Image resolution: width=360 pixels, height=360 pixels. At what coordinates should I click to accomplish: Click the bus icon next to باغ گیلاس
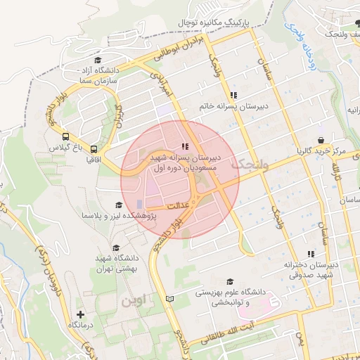pos(66,137)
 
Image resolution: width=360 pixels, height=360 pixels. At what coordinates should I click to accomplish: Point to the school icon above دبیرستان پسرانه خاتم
pos(233,94)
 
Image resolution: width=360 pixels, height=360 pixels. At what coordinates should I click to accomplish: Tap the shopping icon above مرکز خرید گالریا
pos(321,140)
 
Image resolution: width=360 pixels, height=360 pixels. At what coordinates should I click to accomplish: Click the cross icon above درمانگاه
pos(81,314)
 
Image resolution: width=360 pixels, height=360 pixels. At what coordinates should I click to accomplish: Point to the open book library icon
pos(169,299)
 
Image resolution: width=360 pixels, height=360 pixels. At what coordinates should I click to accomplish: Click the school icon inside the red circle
pos(185,146)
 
